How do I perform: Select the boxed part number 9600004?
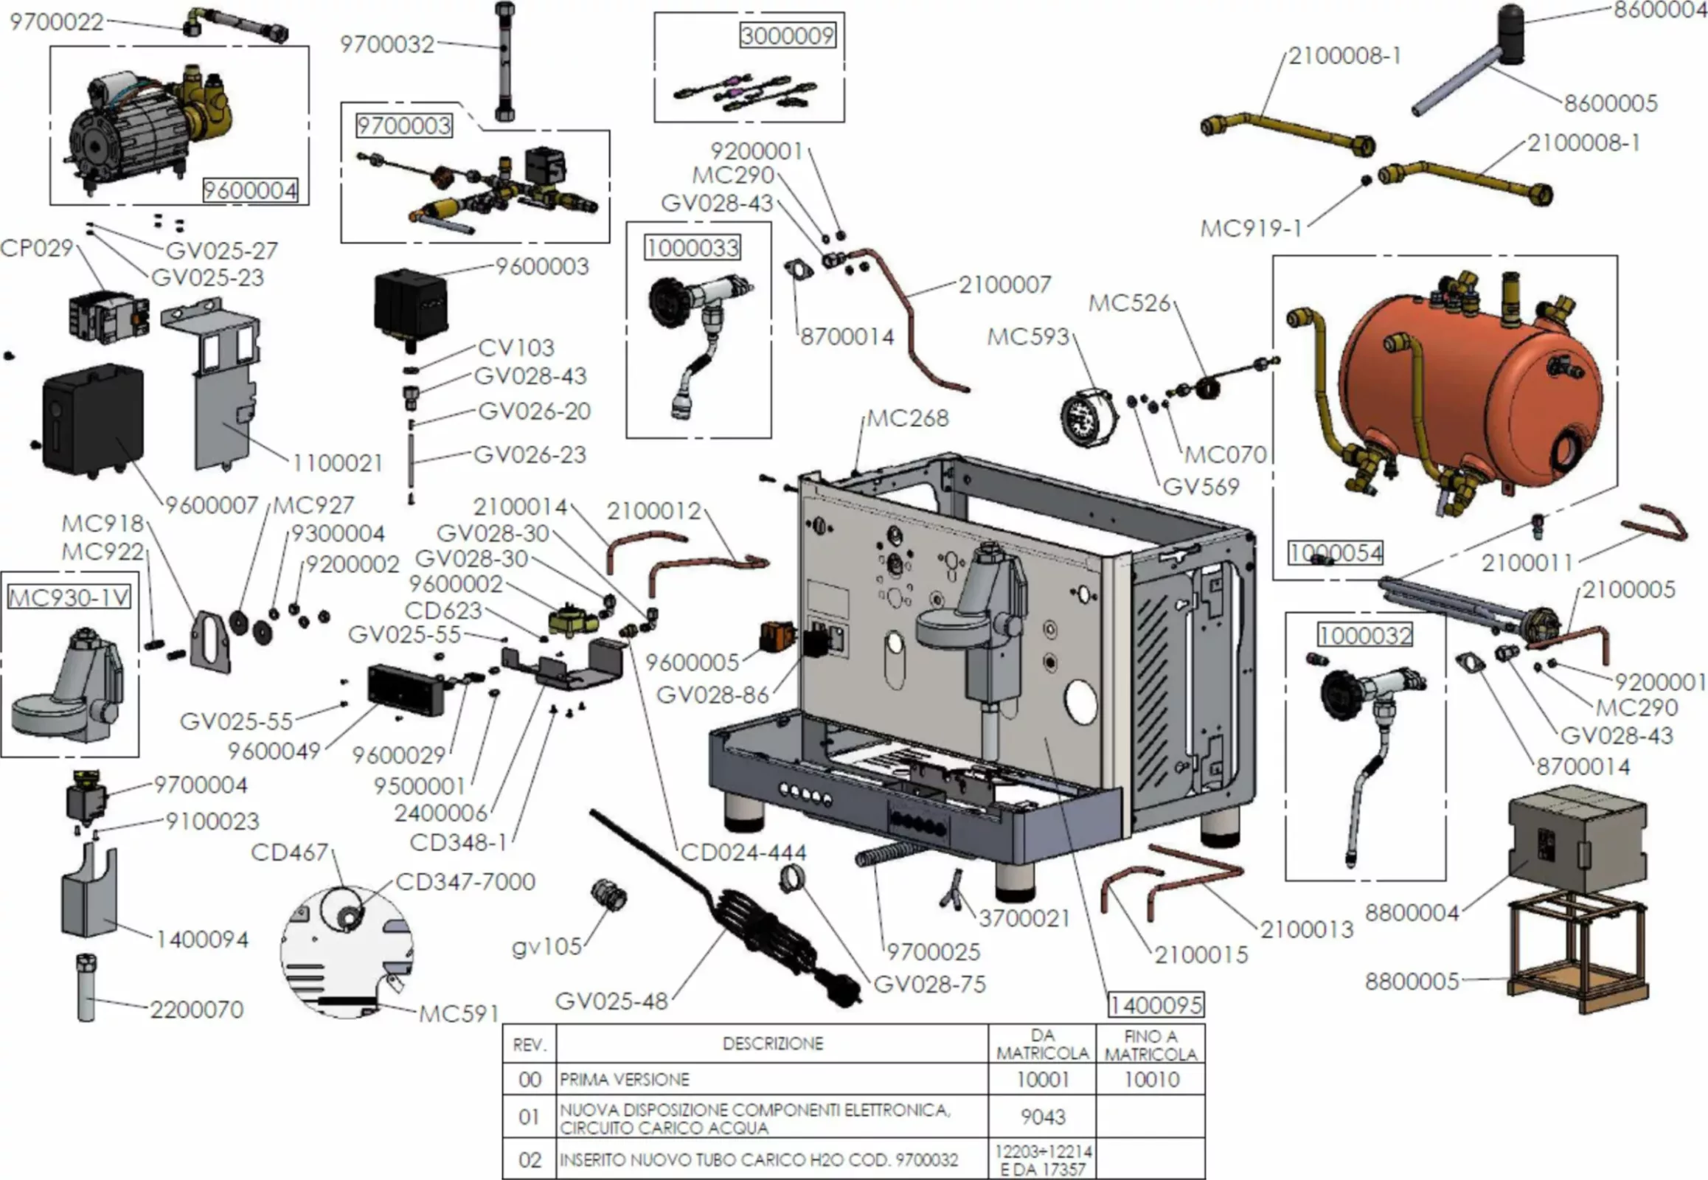click(x=250, y=191)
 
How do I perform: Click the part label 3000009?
click(x=788, y=35)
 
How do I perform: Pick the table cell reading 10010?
click(x=1150, y=1080)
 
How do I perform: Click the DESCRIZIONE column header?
click(x=772, y=1044)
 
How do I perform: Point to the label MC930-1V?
click(x=69, y=597)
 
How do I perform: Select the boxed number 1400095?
click(x=1155, y=1004)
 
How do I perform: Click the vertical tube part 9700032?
click(x=505, y=63)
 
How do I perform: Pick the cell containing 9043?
click(x=1043, y=1117)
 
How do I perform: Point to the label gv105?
click(x=546, y=946)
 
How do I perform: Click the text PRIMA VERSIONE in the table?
click(x=624, y=1080)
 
